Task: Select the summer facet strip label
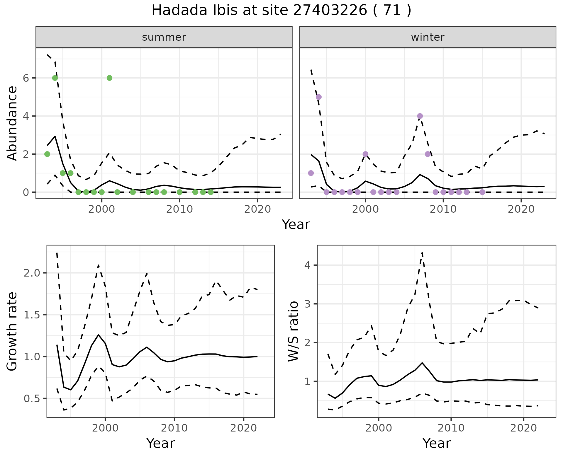pos(164,37)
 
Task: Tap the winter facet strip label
pos(428,37)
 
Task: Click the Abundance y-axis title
pos(12,123)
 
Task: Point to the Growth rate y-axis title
pos(12,331)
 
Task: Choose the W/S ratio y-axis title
pos(293,331)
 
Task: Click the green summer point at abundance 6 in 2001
pos(109,78)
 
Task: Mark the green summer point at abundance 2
pos(47,154)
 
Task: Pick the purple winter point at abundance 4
pos(420,116)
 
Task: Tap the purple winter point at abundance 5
pos(319,97)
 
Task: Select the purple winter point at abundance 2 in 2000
pos(365,154)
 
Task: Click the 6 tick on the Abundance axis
pos(26,78)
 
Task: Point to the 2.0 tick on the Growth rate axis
pos(32,273)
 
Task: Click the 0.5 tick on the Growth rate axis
pos(32,399)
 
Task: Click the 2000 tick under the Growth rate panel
pos(105,428)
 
